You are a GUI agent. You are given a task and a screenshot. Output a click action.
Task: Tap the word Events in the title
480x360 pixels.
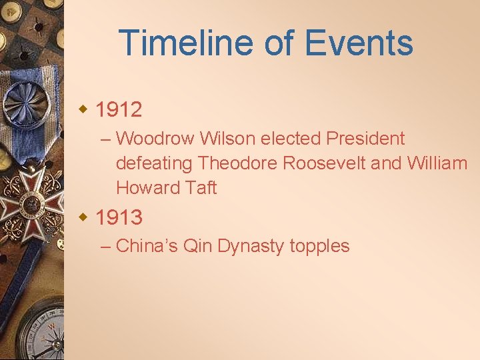point(359,43)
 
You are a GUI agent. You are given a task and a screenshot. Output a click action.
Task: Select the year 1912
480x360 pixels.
point(119,109)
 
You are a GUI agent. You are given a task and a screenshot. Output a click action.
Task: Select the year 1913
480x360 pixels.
point(119,217)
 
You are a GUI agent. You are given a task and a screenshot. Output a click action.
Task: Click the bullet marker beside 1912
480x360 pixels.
point(83,109)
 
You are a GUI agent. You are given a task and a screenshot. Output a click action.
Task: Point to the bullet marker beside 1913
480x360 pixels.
point(83,217)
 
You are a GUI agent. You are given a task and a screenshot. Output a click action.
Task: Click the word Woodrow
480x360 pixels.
point(155,139)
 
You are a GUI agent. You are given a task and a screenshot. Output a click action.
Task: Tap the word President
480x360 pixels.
point(365,139)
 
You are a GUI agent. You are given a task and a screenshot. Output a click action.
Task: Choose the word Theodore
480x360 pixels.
point(239,163)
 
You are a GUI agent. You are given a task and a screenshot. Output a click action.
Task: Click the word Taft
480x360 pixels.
point(201,188)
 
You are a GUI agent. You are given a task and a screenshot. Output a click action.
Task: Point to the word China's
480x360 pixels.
point(147,246)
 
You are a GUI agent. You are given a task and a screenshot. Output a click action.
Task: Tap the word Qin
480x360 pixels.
point(198,246)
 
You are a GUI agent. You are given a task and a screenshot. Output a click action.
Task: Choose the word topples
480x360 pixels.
point(320,246)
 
